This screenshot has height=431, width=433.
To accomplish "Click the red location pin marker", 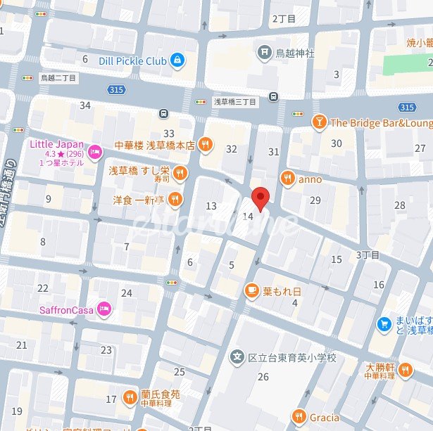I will pyautogui.click(x=261, y=199).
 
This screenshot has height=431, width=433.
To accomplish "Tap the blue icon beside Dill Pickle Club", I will pyautogui.click(x=177, y=61).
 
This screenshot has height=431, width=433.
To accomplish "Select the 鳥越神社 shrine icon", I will pyautogui.click(x=263, y=51).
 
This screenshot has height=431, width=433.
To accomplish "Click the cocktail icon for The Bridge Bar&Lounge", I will pyautogui.click(x=319, y=122).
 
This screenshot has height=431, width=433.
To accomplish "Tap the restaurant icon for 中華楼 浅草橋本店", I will pyautogui.click(x=205, y=146).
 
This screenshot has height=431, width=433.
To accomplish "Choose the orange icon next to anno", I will pyautogui.click(x=287, y=179).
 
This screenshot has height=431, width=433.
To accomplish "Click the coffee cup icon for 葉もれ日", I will pyautogui.click(x=251, y=290).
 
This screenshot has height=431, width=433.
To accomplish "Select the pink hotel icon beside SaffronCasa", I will pyautogui.click(x=104, y=309).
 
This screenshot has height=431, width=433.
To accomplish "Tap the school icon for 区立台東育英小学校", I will pyautogui.click(x=237, y=358).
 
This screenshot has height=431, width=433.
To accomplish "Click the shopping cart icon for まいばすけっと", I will pyautogui.click(x=384, y=323).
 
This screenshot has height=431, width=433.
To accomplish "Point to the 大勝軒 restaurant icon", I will pyautogui.click(x=405, y=369).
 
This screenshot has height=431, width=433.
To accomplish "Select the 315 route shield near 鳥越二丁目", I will pyautogui.click(x=117, y=89).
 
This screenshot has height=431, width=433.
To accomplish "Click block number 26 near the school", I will pyautogui.click(x=263, y=378).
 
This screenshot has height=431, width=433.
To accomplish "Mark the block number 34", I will pyautogui.click(x=85, y=105).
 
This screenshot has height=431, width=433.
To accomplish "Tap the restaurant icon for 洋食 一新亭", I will pyautogui.click(x=175, y=199).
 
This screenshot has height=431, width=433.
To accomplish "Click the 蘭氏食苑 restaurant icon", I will pyautogui.click(x=130, y=398).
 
